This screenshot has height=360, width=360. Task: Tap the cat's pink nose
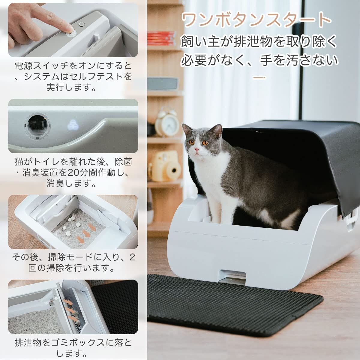point(197,149)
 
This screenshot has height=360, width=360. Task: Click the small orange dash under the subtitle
point(259,78)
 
